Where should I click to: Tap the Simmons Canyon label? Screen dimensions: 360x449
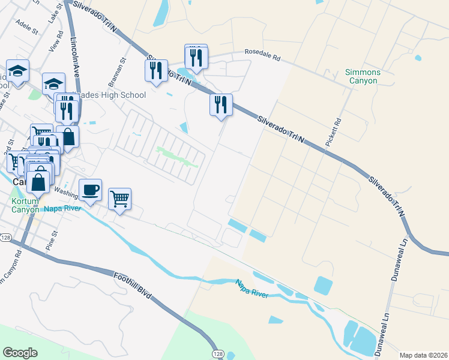click(363, 76)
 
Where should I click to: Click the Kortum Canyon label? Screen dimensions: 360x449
click(25, 205)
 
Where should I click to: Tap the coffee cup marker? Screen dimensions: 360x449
click(90, 190)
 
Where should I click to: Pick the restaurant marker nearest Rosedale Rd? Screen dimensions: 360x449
click(196, 57)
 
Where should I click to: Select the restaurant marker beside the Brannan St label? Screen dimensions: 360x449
click(156, 70)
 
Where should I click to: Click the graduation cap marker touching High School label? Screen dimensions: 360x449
click(53, 83)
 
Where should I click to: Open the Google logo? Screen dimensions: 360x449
click(20, 353)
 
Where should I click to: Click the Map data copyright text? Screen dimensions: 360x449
click(424, 355)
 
